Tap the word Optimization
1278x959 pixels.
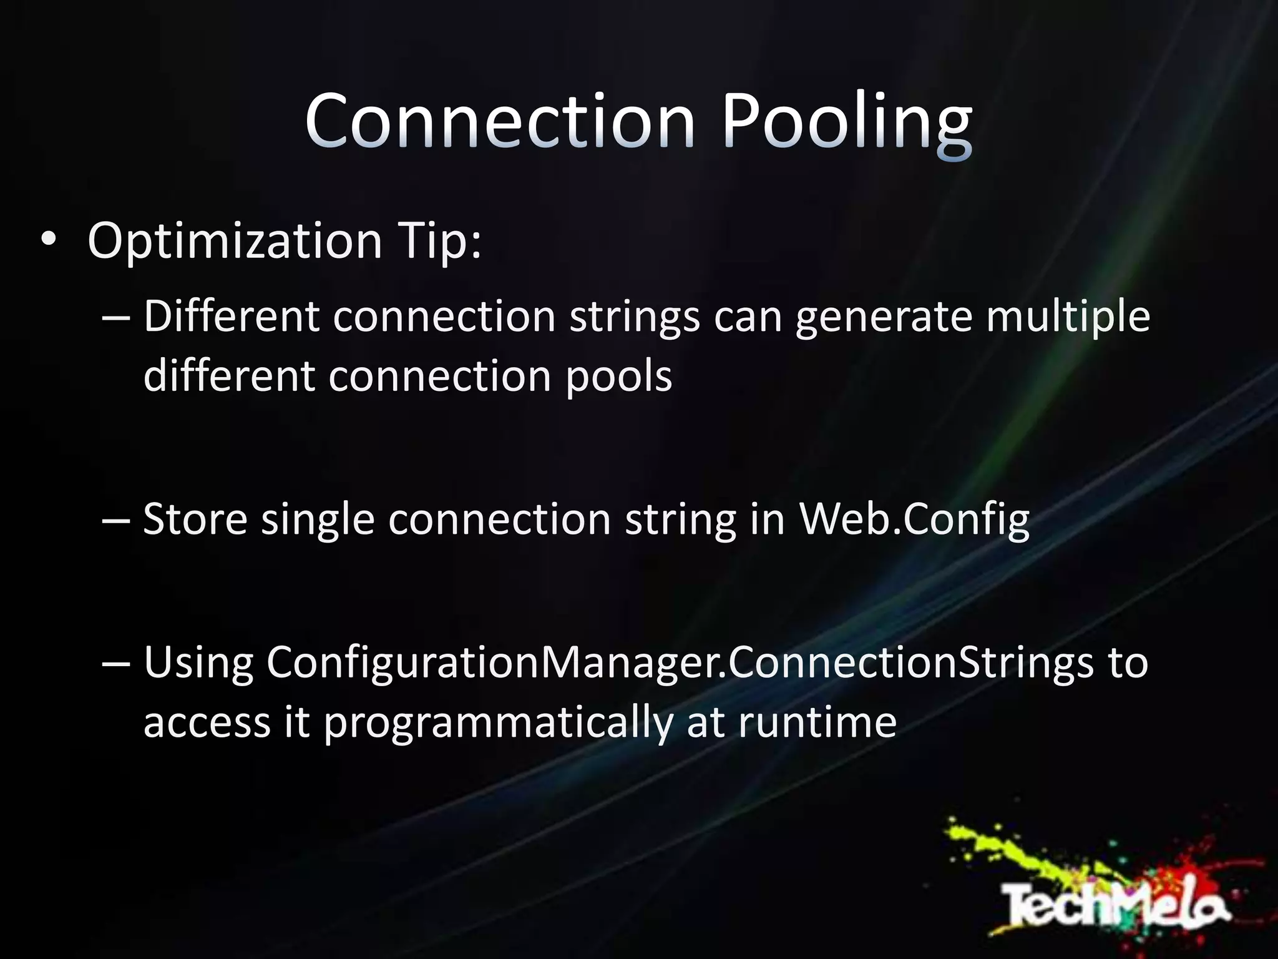point(235,240)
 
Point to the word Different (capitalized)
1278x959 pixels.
point(231,316)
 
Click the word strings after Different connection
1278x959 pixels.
point(634,316)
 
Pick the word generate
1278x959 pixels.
point(884,316)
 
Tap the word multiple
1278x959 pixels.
point(1068,316)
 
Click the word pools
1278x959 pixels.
point(618,376)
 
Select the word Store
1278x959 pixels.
point(195,519)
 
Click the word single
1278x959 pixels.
point(317,519)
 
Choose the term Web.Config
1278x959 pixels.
point(914,519)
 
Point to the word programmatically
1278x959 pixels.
point(498,723)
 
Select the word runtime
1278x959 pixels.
point(817,723)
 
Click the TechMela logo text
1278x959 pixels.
point(1115,903)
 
